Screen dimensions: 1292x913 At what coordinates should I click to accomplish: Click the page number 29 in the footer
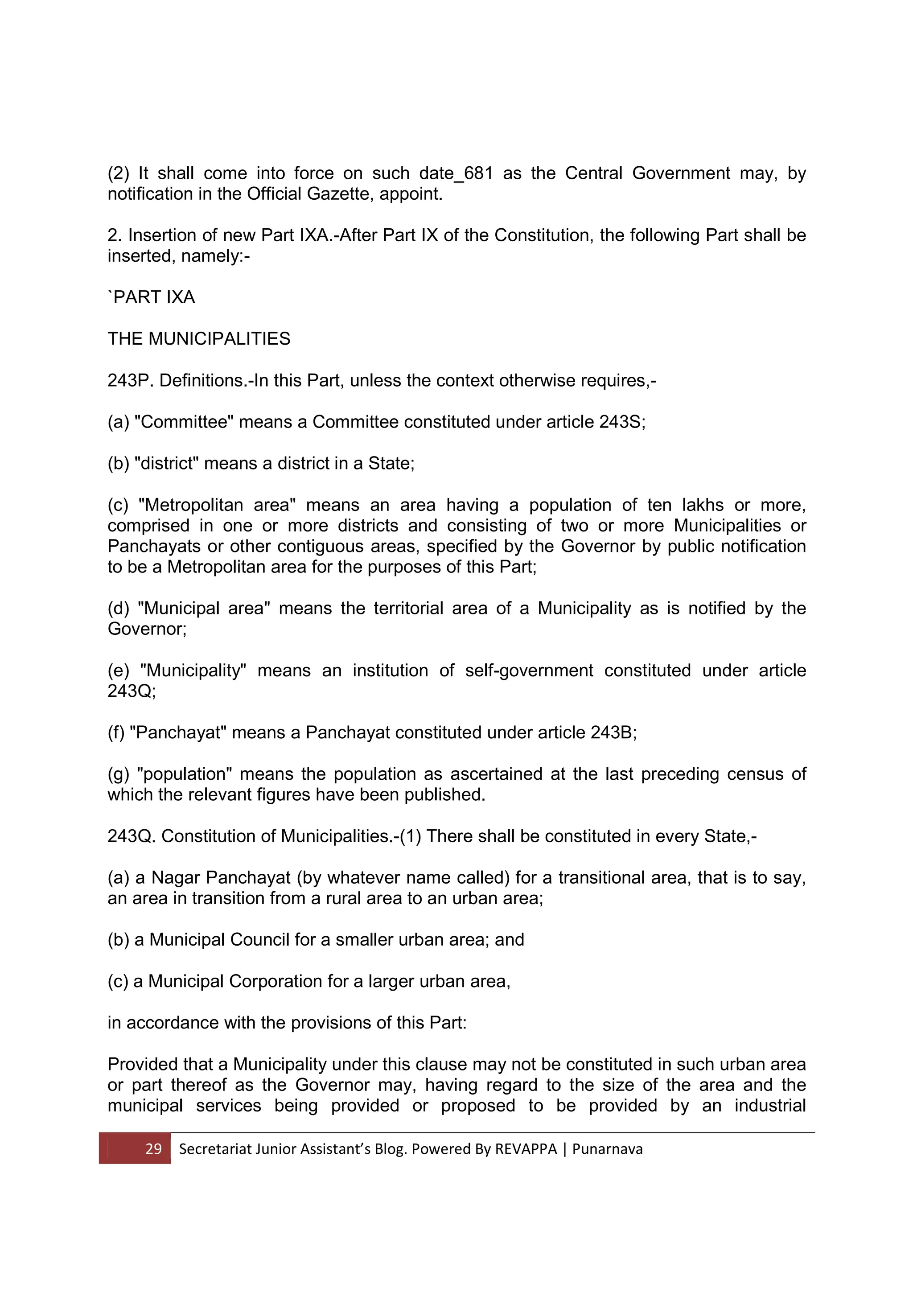pyautogui.click(x=153, y=1148)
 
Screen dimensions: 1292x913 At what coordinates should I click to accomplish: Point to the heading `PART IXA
pyautogui.click(x=151, y=297)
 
